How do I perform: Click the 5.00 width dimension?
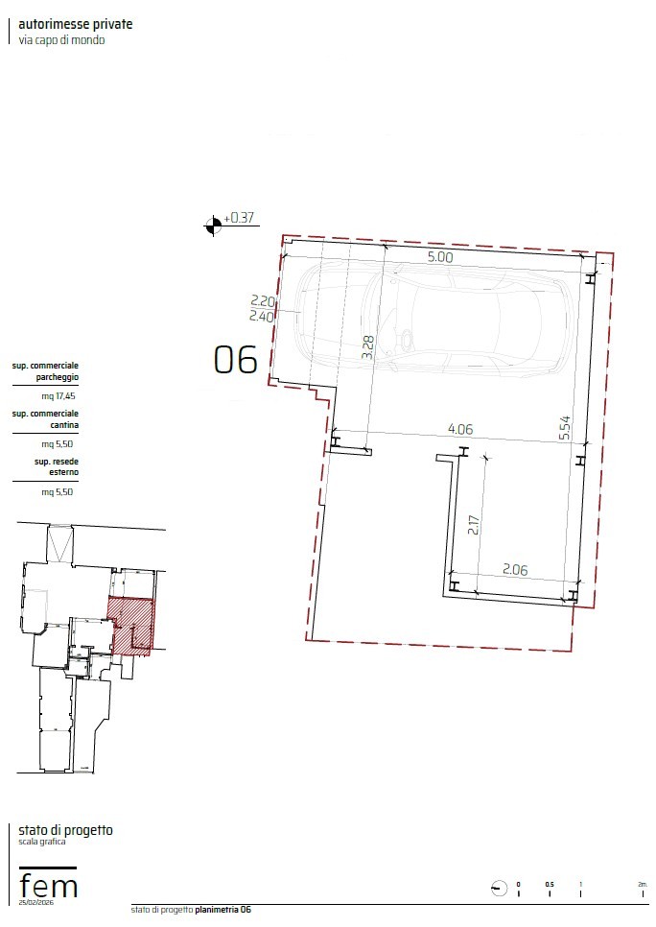(440, 257)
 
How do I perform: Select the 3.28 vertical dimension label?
(367, 347)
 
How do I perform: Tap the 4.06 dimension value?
(460, 429)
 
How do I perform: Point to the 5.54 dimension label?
(565, 427)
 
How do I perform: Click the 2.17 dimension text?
(474, 524)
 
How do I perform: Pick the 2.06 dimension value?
(515, 570)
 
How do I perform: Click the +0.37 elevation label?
(239, 218)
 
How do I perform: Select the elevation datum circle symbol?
(213, 225)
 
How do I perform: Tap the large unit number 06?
(235, 360)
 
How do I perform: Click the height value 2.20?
(263, 302)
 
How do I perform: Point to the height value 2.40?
(261, 317)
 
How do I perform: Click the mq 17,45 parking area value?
(59, 396)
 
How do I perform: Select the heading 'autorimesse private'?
(76, 24)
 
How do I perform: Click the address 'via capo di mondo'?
(62, 40)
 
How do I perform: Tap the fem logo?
(49, 883)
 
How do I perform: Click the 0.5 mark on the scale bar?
(550, 885)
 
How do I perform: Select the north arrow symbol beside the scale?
(500, 888)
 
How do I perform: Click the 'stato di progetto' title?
(65, 830)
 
